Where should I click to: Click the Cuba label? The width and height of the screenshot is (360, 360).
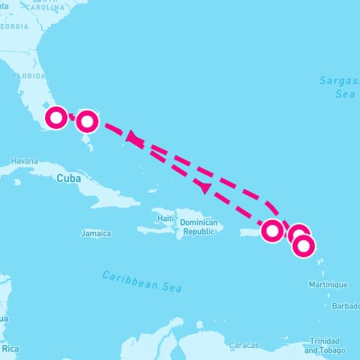point(67,178)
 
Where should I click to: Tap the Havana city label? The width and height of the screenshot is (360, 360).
point(24,160)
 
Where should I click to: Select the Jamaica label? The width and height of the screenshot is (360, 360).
point(96,234)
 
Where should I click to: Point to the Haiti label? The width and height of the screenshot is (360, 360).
point(166,218)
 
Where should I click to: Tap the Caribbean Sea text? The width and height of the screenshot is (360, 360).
point(142,280)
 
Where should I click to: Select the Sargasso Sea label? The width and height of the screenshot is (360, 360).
point(335,87)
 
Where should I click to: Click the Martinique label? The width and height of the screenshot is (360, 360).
point(328,285)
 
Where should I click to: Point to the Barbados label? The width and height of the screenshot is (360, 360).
point(346,306)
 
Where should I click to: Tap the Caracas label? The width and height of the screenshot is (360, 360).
point(244,346)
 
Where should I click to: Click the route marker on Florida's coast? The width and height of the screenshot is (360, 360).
point(56,118)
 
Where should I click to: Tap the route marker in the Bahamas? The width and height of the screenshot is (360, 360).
point(88,120)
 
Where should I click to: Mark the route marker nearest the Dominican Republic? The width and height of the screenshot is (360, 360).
point(272,230)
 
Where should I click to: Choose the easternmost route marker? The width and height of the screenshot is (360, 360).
point(304,245)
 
